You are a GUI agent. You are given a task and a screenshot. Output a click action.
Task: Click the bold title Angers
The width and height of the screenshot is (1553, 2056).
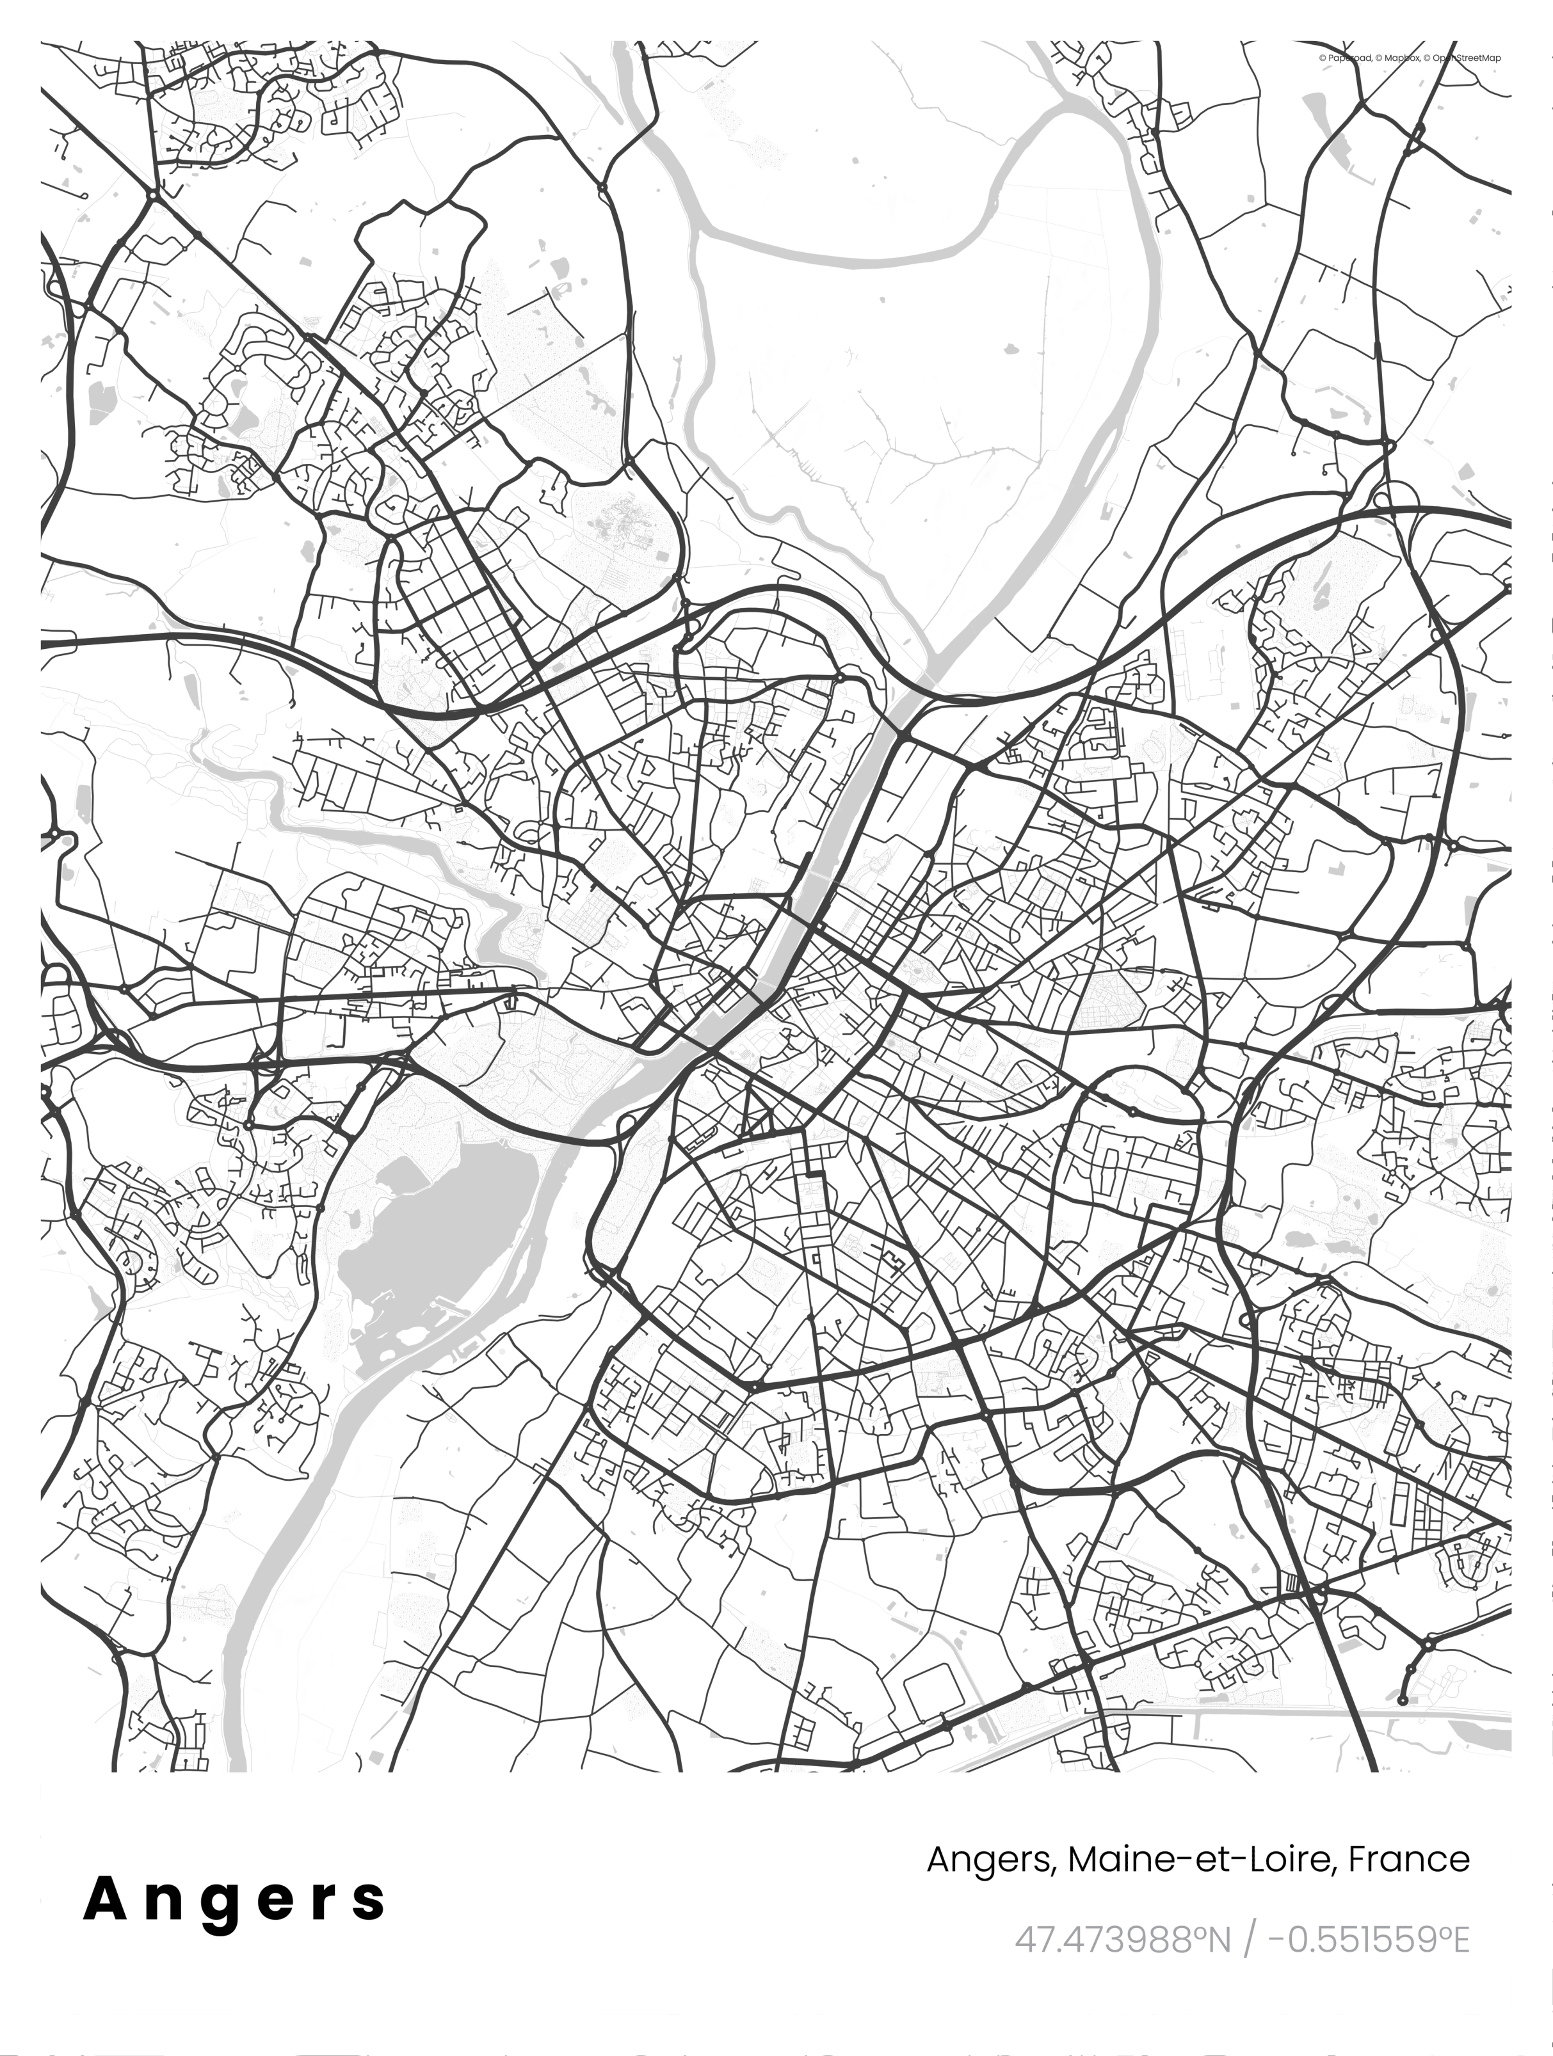click(234, 1899)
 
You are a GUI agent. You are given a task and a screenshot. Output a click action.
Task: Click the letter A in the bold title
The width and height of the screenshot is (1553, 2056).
click(105, 1899)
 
